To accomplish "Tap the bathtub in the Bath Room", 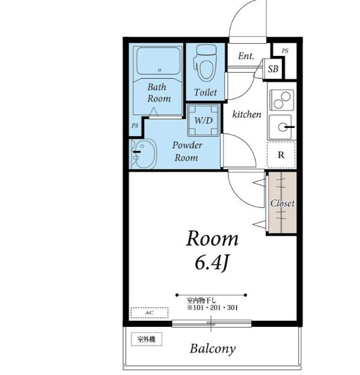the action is pyautogui.click(x=158, y=61).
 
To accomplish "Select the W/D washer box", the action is pyautogui.click(x=204, y=120).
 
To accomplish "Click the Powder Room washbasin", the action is pyautogui.click(x=144, y=153).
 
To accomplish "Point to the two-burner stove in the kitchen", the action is pyautogui.click(x=281, y=100).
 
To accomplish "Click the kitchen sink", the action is pyautogui.click(x=281, y=127).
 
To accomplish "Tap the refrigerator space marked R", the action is pyautogui.click(x=281, y=154).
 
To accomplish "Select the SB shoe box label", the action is pyautogui.click(x=273, y=69).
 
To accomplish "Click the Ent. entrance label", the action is pyautogui.click(x=246, y=56).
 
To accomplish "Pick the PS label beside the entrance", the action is pyautogui.click(x=285, y=51).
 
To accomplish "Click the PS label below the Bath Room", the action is pyautogui.click(x=135, y=126).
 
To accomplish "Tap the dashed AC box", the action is pyautogui.click(x=149, y=313).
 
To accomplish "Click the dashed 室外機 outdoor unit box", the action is pyautogui.click(x=147, y=339).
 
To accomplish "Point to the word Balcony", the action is pyautogui.click(x=213, y=349).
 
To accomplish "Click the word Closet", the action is pyautogui.click(x=282, y=203).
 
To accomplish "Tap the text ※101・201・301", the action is pyautogui.click(x=213, y=308).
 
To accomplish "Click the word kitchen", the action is pyautogui.click(x=247, y=114).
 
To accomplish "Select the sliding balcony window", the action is pyautogui.click(x=212, y=324).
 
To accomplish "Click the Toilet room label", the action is pyautogui.click(x=206, y=92).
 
